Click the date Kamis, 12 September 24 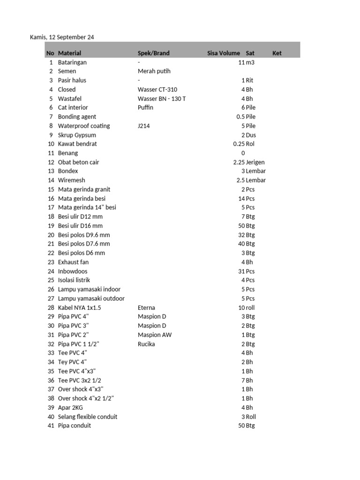coord(62,37)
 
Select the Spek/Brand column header coord(153,53)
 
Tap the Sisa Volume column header coord(224,53)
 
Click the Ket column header coord(277,53)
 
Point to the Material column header coord(69,53)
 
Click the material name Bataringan coord(72,62)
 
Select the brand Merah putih coord(154,71)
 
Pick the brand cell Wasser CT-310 coord(157,90)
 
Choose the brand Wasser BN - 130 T coord(162,98)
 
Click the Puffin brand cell coord(145,107)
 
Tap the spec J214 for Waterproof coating coord(143,126)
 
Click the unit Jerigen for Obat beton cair coord(255,162)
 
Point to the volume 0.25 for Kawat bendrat coord(239,144)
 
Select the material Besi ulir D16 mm coord(80,225)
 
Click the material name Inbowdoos coord(73,271)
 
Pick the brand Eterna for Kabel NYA coord(146,307)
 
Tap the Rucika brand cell coord(146,344)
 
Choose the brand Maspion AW coord(155,335)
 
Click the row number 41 coord(51,426)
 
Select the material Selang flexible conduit coord(88,417)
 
